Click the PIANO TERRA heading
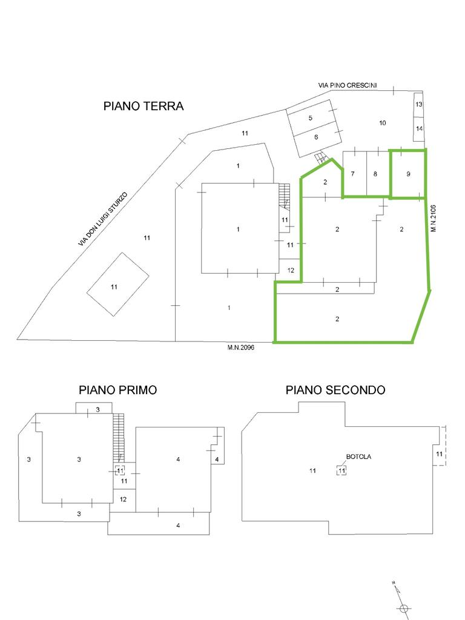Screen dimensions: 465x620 pyautogui.click(x=143, y=106)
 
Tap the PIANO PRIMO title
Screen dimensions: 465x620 pyautogui.click(x=118, y=390)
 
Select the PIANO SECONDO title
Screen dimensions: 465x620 pyautogui.click(x=335, y=390)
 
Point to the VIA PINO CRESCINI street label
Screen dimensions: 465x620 pyautogui.click(x=348, y=85)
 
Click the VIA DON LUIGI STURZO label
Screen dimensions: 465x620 pyautogui.click(x=103, y=219)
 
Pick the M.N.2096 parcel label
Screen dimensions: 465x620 pyautogui.click(x=241, y=348)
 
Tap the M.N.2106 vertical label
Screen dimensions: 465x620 pyautogui.click(x=434, y=218)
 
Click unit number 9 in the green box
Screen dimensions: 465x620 pyautogui.click(x=408, y=174)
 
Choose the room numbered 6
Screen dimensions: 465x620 pyautogui.click(x=316, y=137)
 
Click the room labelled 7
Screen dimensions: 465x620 pyautogui.click(x=353, y=174)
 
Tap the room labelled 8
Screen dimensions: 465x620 pyautogui.click(x=375, y=174)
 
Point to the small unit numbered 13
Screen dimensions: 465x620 pyautogui.click(x=419, y=104)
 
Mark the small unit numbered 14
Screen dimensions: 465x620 pyautogui.click(x=419, y=128)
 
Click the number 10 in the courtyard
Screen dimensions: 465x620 pyautogui.click(x=383, y=123)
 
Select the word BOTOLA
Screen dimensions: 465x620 pyautogui.click(x=358, y=457)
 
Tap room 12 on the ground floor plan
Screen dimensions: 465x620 pyautogui.click(x=291, y=271)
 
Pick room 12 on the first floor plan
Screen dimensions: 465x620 pyautogui.click(x=123, y=500)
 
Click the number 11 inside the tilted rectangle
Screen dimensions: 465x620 pyautogui.click(x=114, y=286)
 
